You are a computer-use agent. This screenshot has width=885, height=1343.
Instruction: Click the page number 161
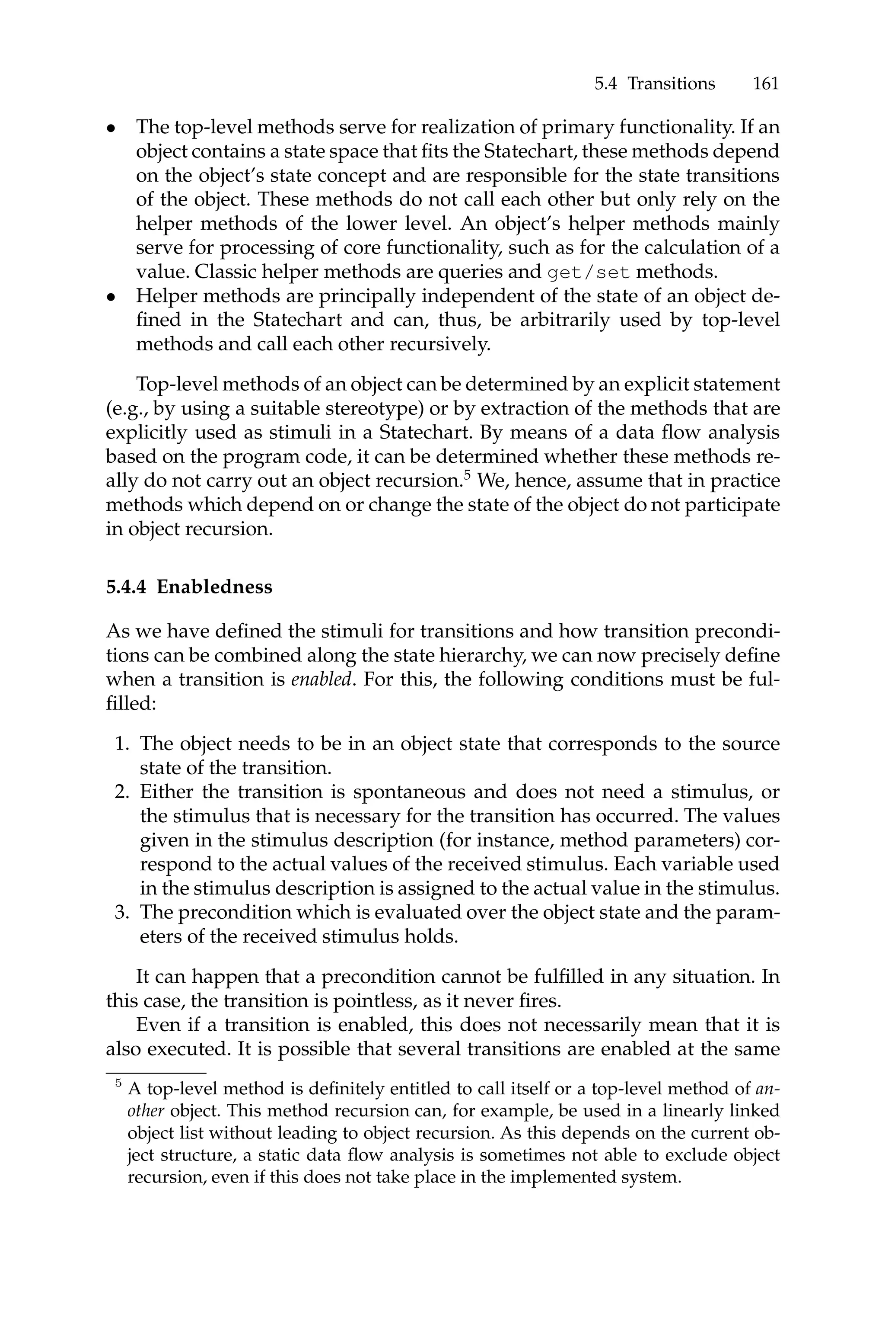(765, 84)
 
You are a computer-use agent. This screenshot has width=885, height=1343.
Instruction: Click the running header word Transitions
(671, 84)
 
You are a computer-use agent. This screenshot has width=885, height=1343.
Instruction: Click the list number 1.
(121, 744)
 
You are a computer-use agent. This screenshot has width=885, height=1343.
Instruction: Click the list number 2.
(121, 792)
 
